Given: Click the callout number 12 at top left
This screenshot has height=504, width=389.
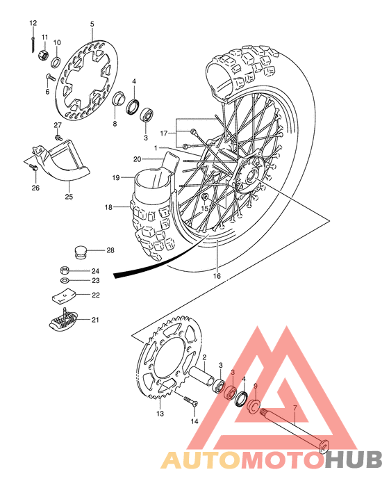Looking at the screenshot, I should (33, 24).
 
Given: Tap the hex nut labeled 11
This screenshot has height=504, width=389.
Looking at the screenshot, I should (42, 53).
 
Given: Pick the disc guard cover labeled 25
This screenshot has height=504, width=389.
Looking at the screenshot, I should (67, 162).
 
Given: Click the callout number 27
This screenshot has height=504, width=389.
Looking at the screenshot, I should (58, 125).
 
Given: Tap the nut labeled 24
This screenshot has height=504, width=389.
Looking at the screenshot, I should (63, 270).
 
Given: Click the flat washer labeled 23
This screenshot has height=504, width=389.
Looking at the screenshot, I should (63, 281).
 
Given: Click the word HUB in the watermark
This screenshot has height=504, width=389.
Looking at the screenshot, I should (355, 460).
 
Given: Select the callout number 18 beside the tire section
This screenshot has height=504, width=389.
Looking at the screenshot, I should (108, 207).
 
